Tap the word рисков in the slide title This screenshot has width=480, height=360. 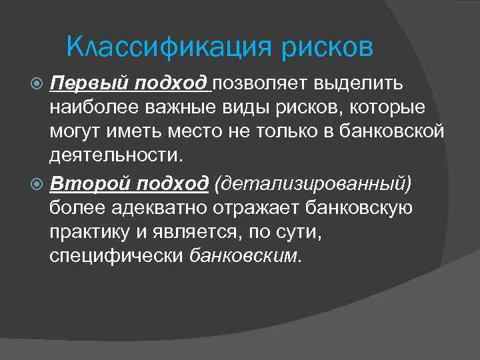(327, 47)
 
